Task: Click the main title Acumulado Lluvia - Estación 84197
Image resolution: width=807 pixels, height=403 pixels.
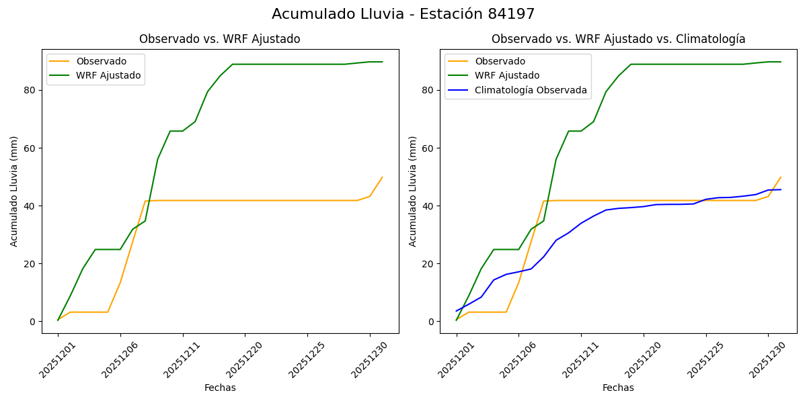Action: [403, 14]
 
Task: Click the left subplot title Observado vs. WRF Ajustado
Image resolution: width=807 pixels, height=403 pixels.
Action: [219, 39]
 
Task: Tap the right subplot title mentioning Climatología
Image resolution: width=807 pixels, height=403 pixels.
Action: [618, 39]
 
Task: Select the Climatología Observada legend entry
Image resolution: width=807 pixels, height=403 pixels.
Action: [531, 90]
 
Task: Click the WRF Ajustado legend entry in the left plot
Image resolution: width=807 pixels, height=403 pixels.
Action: [109, 76]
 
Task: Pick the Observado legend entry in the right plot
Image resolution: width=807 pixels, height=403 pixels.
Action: [500, 62]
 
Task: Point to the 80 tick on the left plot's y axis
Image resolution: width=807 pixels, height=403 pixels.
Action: [29, 90]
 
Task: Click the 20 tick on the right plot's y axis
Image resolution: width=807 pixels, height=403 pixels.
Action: [428, 263]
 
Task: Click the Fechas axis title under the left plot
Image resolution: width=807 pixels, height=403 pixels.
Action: [220, 388]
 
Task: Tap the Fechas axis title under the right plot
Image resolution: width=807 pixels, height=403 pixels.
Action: [618, 388]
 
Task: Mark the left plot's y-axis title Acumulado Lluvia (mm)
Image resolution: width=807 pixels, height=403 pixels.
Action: [14, 191]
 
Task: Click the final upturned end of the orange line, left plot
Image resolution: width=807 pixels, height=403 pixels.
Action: [382, 177]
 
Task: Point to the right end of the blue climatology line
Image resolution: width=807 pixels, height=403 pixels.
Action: [780, 189]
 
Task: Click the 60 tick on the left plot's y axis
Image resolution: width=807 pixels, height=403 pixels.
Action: [29, 148]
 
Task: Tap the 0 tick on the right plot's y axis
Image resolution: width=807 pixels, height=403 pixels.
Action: [430, 322]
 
